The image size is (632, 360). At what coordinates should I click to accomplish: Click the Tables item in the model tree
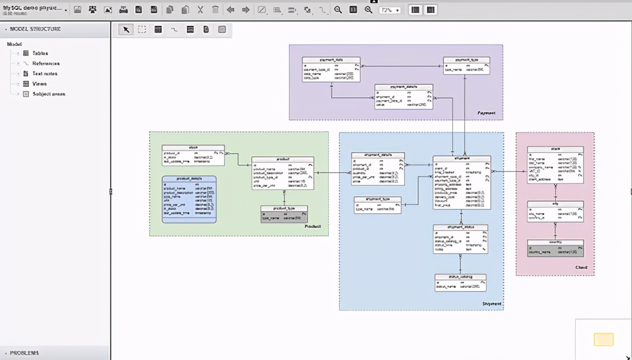click(40, 53)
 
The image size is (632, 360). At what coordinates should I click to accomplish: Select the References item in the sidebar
click(46, 63)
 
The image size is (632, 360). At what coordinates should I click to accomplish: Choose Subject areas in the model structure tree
click(48, 94)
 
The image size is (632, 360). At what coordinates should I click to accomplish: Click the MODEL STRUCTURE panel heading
click(35, 29)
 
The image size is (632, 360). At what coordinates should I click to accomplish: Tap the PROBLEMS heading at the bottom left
click(24, 353)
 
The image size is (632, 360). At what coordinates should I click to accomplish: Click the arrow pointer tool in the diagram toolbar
click(126, 29)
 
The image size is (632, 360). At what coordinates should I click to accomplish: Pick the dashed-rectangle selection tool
click(142, 29)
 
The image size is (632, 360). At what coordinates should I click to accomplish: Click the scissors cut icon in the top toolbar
click(201, 10)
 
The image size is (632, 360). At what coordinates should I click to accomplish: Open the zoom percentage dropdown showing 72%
click(390, 10)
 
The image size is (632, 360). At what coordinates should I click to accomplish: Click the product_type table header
click(284, 208)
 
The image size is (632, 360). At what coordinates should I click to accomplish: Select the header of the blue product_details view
click(189, 179)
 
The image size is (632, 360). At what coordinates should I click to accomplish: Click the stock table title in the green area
click(193, 148)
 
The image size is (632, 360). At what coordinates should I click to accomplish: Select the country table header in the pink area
click(555, 243)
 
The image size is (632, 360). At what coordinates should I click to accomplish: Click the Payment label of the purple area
click(486, 113)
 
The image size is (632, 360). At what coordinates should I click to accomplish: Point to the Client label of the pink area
click(581, 268)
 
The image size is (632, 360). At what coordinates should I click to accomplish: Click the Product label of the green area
click(312, 226)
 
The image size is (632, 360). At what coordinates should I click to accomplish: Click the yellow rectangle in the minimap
click(604, 339)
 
